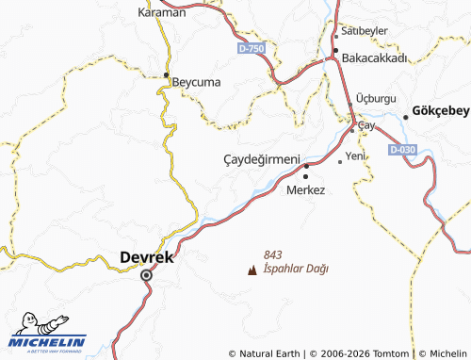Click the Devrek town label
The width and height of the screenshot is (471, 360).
tap(148, 256)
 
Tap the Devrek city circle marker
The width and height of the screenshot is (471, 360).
tap(146, 275)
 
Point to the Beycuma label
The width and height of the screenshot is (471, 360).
tap(196, 82)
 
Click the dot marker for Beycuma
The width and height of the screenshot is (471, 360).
tap(167, 74)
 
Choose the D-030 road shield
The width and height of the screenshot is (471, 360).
tap(401, 149)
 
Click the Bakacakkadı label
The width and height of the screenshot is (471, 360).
tap(374, 57)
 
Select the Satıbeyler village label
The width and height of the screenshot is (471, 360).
tap(365, 31)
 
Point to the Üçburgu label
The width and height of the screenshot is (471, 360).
tap(377, 99)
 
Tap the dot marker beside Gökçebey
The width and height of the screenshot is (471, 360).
tap(406, 116)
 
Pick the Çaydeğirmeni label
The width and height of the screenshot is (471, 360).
tap(261, 159)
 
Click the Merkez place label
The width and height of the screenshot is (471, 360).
tap(305, 189)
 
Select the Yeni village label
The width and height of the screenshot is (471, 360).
tap(355, 155)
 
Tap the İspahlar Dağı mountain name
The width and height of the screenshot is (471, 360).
tap(297, 269)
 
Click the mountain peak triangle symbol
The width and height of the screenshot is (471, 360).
tap(251, 270)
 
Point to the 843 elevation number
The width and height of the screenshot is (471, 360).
tap(273, 254)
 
